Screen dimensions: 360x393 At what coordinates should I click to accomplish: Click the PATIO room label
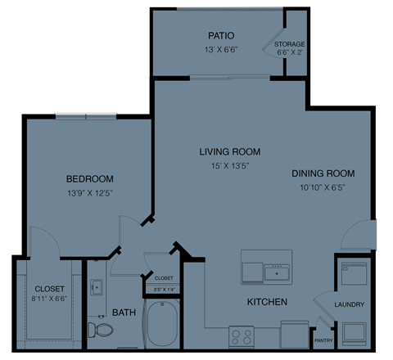pos(221,36)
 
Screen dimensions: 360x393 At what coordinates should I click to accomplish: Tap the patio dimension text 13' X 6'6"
pos(221,49)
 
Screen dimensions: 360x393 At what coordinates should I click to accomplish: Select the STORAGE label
pos(290,43)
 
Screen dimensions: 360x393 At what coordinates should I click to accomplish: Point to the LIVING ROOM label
pos(230,151)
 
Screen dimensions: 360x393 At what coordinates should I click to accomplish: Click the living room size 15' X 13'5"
pos(230,165)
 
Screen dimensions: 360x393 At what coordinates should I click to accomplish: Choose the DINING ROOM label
pos(323,173)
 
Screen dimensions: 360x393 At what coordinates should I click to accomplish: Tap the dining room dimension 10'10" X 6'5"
pos(323,187)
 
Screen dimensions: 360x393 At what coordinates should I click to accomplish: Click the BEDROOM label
pos(90,178)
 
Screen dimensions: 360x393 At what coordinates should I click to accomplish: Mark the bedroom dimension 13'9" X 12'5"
pos(90,192)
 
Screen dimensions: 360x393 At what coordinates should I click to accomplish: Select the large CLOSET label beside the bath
pos(49,289)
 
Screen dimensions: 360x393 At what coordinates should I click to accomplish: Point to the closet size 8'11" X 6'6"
pos(49,301)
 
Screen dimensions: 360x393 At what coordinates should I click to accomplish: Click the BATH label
pos(124,313)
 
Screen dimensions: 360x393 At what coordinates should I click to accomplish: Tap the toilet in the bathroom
pos(103,330)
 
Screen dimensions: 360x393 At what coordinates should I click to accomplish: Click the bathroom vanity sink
pos(97,286)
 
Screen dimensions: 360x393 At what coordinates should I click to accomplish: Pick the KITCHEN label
pos(267,303)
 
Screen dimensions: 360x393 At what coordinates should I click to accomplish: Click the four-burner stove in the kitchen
pos(242,336)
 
